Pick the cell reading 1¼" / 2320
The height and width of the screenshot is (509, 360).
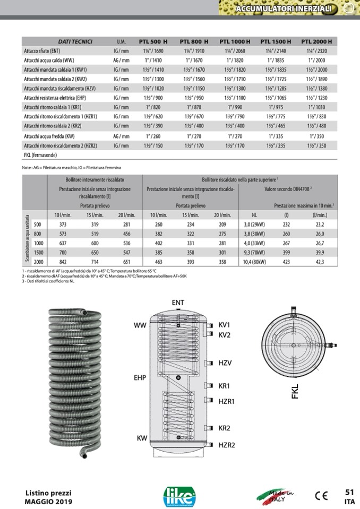[317, 52]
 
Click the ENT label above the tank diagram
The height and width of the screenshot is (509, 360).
[178, 303]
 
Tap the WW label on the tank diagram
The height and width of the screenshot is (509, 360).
[140, 325]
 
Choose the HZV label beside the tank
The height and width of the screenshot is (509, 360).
[226, 363]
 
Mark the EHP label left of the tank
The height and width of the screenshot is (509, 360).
[140, 378]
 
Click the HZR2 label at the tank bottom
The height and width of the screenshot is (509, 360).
[227, 445]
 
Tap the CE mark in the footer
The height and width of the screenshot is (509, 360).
[321, 496]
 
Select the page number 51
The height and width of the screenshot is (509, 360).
[349, 491]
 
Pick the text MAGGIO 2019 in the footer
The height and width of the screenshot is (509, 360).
[49, 502]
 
